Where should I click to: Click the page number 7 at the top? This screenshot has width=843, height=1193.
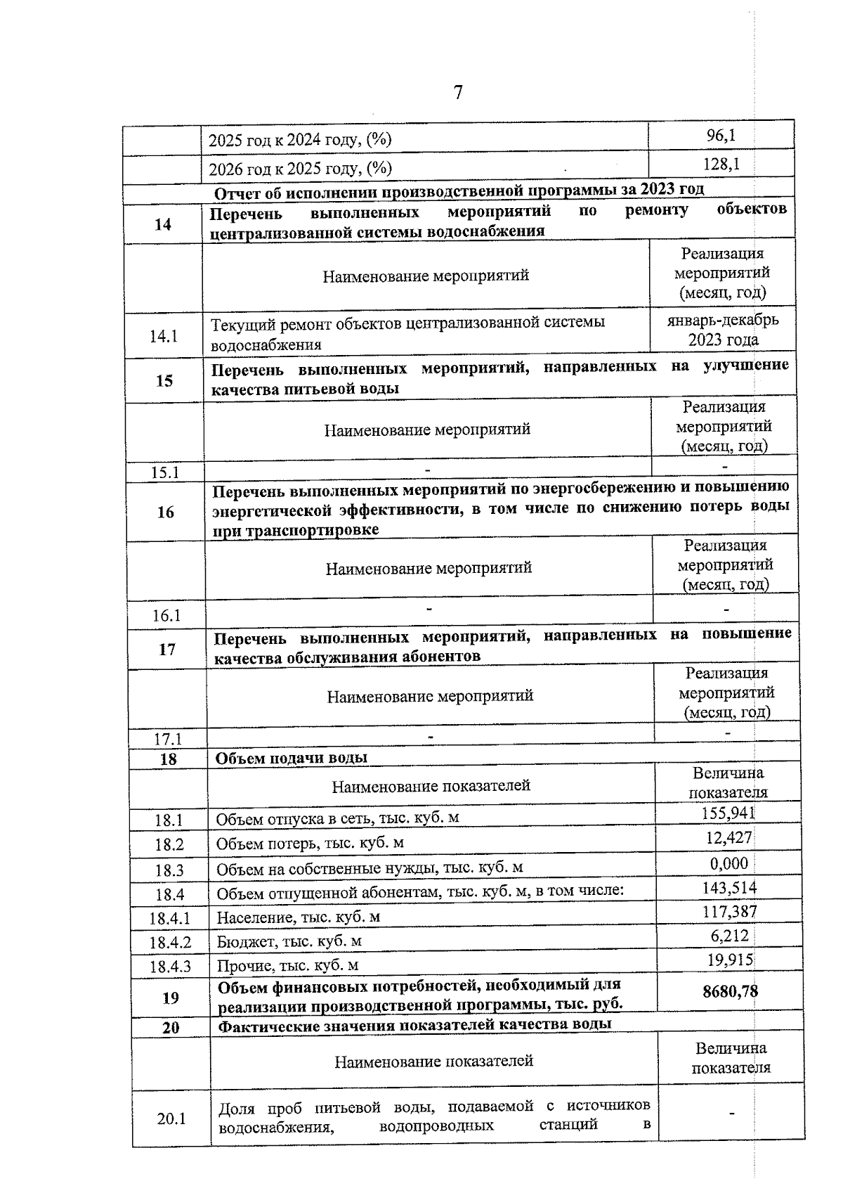point(458,93)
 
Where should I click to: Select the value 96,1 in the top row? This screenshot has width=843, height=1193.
point(721,135)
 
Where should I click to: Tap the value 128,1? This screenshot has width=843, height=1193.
point(721,165)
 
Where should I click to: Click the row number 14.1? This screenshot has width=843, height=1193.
point(163,336)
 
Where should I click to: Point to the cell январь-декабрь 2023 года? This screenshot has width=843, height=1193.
point(723,330)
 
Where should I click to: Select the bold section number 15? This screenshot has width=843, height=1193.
point(164,380)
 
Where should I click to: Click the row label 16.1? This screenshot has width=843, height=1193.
point(166,616)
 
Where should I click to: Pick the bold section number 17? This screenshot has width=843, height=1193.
point(167,649)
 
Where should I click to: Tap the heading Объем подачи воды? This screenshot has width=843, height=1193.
point(291,758)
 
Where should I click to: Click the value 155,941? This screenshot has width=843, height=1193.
point(728,813)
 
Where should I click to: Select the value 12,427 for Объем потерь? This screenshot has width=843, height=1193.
point(729,837)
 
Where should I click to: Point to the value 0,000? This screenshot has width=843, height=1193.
point(729,863)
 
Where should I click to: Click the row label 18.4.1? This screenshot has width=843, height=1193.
point(170,918)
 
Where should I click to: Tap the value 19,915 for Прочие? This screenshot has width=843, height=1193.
point(731,960)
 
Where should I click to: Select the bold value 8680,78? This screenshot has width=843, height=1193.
point(731,992)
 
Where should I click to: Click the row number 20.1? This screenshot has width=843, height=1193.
point(171,1118)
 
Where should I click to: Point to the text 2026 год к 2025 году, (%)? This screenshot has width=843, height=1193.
point(301,169)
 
